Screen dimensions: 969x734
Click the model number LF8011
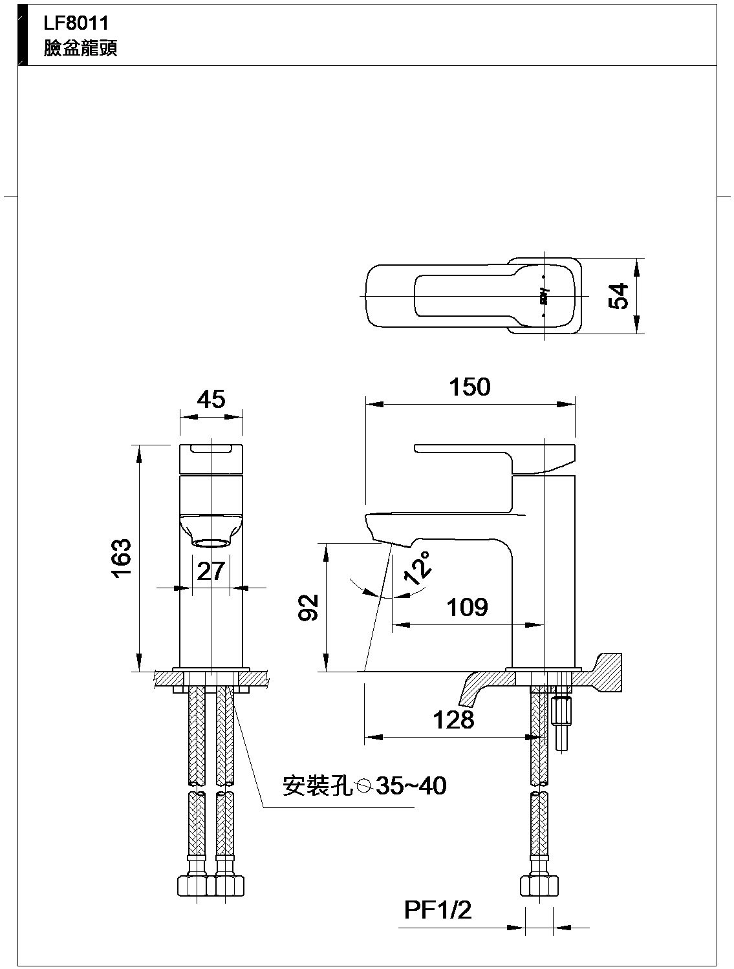tap(67, 23)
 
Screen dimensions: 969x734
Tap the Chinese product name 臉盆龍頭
tap(80, 49)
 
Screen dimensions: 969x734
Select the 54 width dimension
tap(620, 296)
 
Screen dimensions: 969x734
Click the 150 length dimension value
tap(470, 387)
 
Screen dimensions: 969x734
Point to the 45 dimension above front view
tap(211, 399)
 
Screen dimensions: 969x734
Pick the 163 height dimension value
tap(122, 558)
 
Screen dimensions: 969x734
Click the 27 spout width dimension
tap(211, 571)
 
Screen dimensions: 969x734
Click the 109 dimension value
tap(467, 608)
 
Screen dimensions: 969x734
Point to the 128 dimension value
tap(453, 719)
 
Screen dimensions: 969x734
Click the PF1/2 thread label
tap(438, 911)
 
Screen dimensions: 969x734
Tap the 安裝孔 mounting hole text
tap(317, 786)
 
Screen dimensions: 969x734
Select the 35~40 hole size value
tap(411, 786)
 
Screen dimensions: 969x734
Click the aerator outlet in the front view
tap(211, 542)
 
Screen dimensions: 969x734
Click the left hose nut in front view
tap(192, 885)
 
